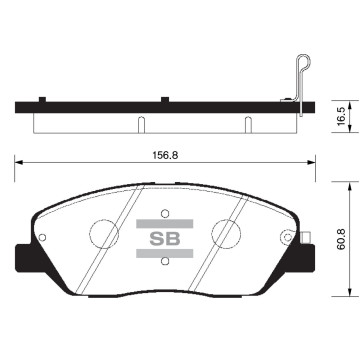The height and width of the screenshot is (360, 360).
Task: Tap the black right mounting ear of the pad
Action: pyautogui.click(x=304, y=283)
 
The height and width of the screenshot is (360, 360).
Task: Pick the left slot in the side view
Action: pyautogui.click(x=140, y=125)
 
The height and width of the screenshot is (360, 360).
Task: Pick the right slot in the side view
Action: pyautogui.click(x=246, y=125)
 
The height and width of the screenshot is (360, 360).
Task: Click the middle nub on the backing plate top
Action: pyautogui.click(x=163, y=98)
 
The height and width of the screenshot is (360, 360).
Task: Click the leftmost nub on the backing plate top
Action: pyautogui.click(x=41, y=98)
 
